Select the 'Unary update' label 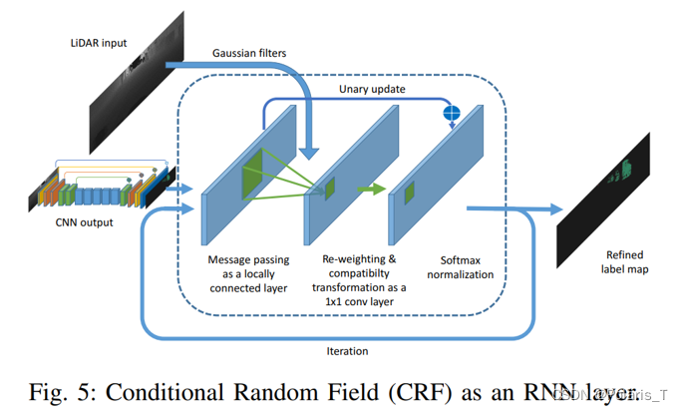pos(372,89)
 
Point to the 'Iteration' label pos(347,350)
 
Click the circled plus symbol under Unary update pos(451,114)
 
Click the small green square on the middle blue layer pos(328,186)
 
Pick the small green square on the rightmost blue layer pos(408,191)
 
